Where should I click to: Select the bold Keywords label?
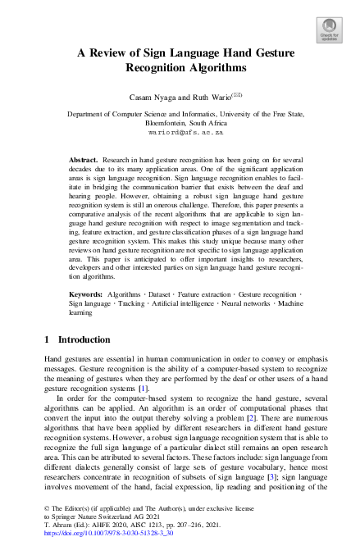85,293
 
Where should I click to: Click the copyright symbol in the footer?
45,509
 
